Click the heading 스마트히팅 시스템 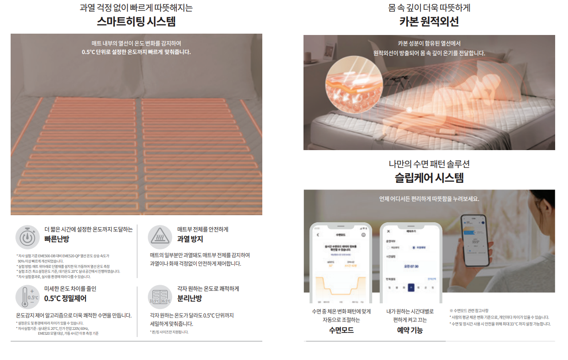click(x=136, y=22)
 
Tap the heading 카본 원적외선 click(x=429, y=22)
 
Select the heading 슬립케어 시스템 click(x=429, y=178)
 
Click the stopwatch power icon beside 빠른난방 click(x=28, y=237)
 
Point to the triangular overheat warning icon click(x=160, y=236)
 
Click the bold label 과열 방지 click(x=190, y=239)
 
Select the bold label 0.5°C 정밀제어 click(x=65, y=298)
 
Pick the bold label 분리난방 click(x=190, y=298)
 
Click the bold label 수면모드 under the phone click(x=341, y=330)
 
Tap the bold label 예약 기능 click(x=409, y=330)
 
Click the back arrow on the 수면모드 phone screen click(x=318, y=234)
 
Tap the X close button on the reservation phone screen click(x=389, y=231)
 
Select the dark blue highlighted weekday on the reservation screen click(x=411, y=287)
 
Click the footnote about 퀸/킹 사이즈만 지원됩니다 click(x=169, y=332)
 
